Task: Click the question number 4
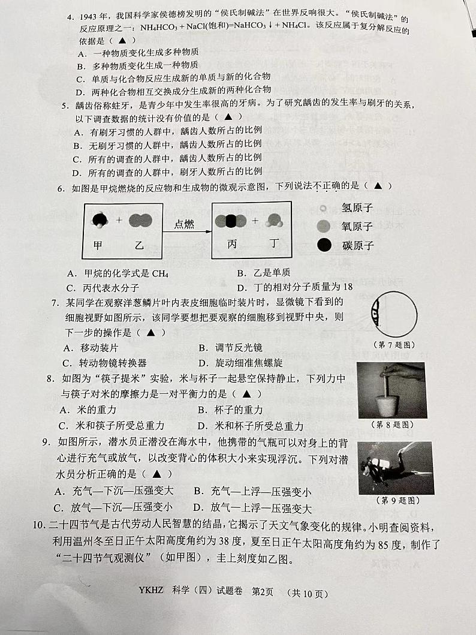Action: [x=70, y=19]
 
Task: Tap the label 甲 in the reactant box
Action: [x=98, y=245]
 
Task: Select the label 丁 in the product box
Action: [x=274, y=245]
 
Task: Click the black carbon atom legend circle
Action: [x=324, y=245]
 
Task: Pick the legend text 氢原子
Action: [x=357, y=207]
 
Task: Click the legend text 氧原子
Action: [x=357, y=226]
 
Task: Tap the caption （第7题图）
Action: [x=394, y=345]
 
